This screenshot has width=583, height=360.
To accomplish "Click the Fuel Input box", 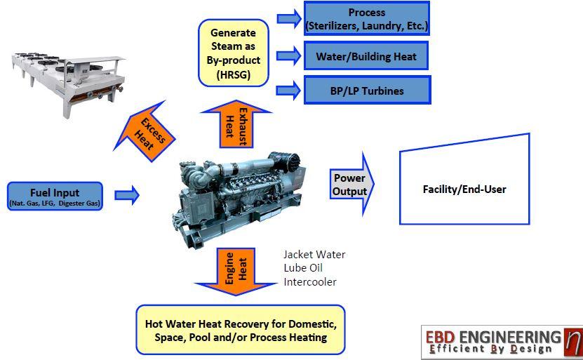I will point(55,196).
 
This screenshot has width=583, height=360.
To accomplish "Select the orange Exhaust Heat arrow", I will point(235,124).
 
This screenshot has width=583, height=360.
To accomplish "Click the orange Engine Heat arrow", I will point(235,269).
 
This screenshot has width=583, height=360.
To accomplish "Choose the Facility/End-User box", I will point(464,189).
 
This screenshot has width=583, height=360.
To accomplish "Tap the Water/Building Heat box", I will point(366,55).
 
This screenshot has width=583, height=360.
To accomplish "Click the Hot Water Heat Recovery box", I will point(240,330).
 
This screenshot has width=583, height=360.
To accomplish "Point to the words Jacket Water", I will point(314,255).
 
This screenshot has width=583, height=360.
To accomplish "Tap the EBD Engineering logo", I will point(502,342).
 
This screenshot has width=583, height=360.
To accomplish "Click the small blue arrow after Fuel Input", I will point(127,195).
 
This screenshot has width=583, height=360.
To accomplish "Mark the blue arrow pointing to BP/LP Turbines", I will point(289,91).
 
